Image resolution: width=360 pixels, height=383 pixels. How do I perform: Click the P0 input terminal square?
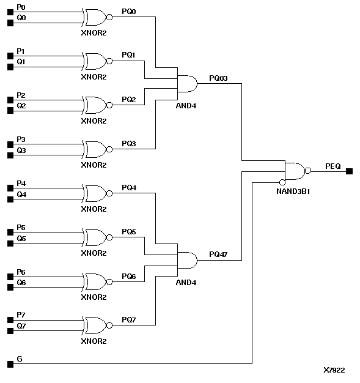10,12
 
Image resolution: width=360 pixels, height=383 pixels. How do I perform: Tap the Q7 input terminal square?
10,331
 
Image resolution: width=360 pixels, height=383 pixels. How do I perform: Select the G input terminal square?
10,364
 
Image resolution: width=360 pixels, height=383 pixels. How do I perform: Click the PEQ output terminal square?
349,171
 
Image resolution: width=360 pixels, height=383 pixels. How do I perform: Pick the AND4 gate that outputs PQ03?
186,83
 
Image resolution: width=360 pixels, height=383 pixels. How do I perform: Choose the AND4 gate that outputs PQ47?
186,260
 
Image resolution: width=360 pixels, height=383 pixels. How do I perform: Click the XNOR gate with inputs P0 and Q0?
95,17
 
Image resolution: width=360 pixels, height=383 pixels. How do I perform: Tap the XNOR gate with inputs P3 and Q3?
95,149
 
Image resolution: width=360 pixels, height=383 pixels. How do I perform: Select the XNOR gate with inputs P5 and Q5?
95,237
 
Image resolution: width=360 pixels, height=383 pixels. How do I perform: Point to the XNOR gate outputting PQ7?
95,325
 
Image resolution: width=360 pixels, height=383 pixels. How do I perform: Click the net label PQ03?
218,78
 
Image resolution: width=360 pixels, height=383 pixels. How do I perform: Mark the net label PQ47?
218,254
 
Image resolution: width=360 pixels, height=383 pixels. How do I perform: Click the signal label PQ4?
129,187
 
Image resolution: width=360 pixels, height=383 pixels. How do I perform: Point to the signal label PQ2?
129,99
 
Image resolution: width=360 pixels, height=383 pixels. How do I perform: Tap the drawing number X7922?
334,370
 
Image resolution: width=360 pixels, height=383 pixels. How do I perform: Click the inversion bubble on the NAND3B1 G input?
282,182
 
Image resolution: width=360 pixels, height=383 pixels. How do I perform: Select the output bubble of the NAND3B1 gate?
309,171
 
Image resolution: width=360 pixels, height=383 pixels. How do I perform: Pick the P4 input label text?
21,184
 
